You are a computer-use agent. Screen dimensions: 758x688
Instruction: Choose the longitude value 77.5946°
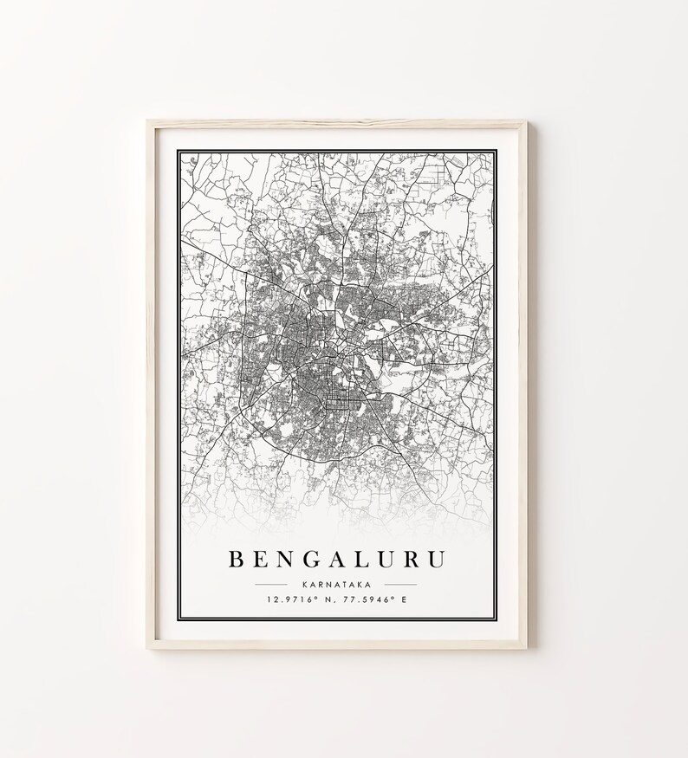[x=367, y=599]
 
